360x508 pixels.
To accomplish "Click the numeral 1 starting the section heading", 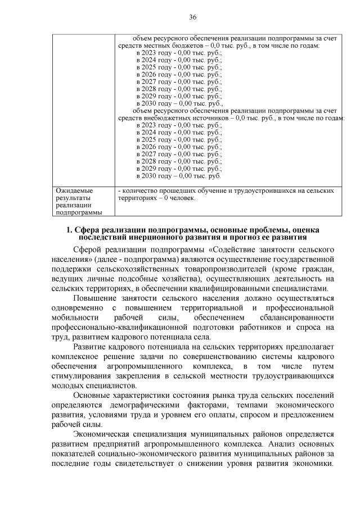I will [x=69, y=230].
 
